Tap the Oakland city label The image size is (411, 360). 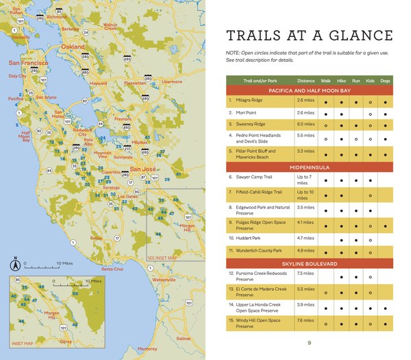tap(73, 47)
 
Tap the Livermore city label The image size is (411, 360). tap(172, 82)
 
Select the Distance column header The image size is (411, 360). tap(306, 80)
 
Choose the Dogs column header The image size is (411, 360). tap(385, 80)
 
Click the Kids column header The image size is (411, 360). tap(370, 80)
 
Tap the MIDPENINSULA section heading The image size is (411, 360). tap(310, 167)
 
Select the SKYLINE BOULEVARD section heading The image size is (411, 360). tap(310, 263)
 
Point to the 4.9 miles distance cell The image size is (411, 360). tap(306, 251)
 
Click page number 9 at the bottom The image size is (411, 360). tap(310, 342)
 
